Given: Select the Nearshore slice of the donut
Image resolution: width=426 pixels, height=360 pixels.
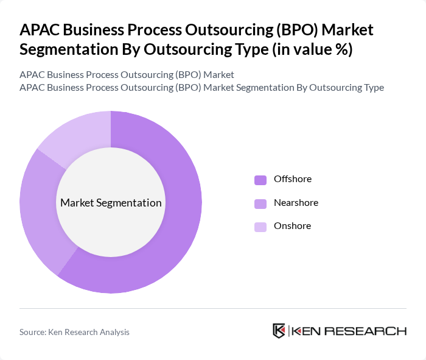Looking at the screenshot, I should point(37,207).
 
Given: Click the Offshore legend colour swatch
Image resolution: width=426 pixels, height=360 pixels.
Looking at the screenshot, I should point(260,180).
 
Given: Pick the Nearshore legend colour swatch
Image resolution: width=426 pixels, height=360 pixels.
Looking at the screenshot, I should point(260,203).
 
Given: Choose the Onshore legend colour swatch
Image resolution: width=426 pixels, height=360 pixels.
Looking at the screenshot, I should point(260,227).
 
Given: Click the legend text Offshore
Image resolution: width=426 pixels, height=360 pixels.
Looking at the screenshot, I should point(292,179).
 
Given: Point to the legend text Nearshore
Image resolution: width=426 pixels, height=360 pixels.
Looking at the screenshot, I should point(296,202).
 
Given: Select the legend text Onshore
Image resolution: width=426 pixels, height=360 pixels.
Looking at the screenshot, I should point(292,225).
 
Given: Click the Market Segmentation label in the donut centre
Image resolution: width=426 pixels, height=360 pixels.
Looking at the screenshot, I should point(111,203).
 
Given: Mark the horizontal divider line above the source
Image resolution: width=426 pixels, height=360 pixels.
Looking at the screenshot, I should point(213,308).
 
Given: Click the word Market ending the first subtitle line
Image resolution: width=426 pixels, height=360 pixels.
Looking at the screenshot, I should point(219,74).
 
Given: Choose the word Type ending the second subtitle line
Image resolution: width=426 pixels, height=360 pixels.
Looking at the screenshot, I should point(372,87).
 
